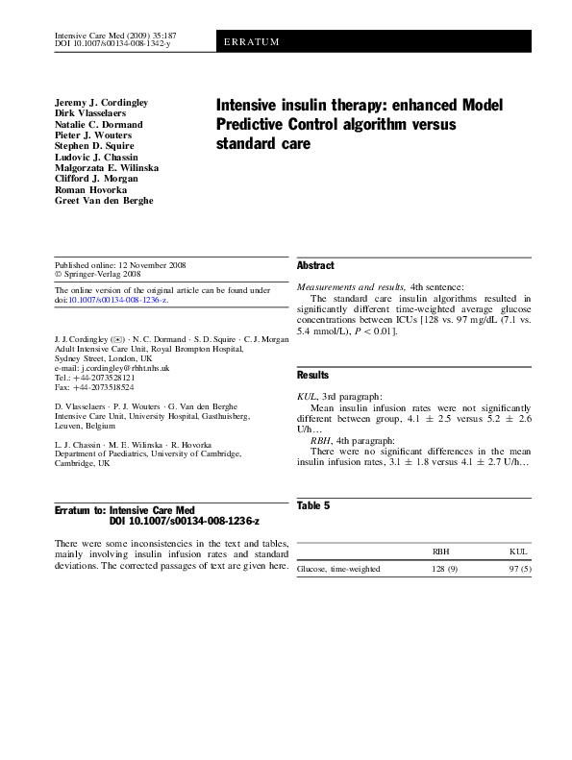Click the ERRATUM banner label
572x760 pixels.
[x=250, y=43]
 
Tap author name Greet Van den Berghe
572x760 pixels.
[x=104, y=200]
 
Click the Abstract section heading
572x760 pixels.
[x=315, y=265]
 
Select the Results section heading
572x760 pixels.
[x=312, y=376]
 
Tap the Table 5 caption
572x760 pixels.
[x=314, y=504]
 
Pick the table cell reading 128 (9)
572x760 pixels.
[x=444, y=569]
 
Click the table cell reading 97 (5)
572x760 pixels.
[x=519, y=569]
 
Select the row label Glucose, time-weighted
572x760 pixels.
[x=338, y=569]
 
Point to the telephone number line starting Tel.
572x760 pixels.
[x=93, y=378]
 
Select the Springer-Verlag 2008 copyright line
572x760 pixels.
[x=96, y=274]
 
